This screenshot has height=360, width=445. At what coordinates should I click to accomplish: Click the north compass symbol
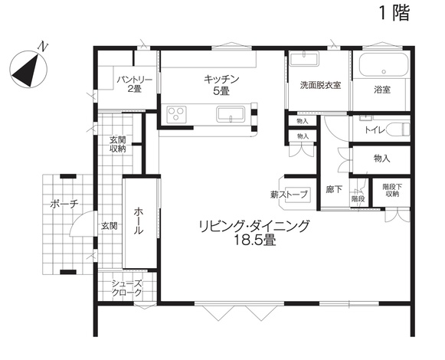pyautogui.click(x=28, y=68)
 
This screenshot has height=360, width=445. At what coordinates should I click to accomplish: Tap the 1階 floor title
pyautogui.click(x=394, y=13)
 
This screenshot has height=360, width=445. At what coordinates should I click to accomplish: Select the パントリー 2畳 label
pyautogui.click(x=135, y=84)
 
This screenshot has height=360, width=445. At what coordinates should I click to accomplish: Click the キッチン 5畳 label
pyautogui.click(x=221, y=84)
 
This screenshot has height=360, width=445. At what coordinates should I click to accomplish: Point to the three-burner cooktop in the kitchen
pyautogui.click(x=176, y=114)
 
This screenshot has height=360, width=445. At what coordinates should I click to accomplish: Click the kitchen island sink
pyautogui.click(x=231, y=114)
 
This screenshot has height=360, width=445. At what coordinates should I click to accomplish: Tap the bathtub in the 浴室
pyautogui.click(x=384, y=65)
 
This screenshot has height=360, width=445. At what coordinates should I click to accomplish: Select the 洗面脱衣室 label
pyautogui.click(x=320, y=85)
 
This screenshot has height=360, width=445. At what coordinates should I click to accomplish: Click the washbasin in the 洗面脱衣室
pyautogui.click(x=304, y=59)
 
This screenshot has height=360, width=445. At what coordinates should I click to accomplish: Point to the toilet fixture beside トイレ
pyautogui.click(x=400, y=129)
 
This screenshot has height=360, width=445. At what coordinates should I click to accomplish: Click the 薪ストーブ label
pyautogui.click(x=289, y=195)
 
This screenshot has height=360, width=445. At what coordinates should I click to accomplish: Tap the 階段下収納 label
pyautogui.click(x=392, y=190)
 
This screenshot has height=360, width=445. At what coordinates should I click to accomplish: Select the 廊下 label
pyautogui.click(x=334, y=189)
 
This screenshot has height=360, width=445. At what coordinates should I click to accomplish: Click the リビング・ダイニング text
pyautogui.click(x=254, y=226)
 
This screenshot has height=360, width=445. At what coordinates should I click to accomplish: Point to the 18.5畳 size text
pyautogui.click(x=254, y=241)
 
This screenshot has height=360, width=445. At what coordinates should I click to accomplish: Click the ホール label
pyautogui.click(x=138, y=221)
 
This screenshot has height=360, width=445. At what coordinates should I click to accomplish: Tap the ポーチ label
pyautogui.click(x=64, y=205)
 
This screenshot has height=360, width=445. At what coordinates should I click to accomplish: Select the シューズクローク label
pyautogui.click(x=126, y=288)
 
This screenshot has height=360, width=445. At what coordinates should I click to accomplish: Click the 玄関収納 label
pyautogui.click(x=118, y=144)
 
